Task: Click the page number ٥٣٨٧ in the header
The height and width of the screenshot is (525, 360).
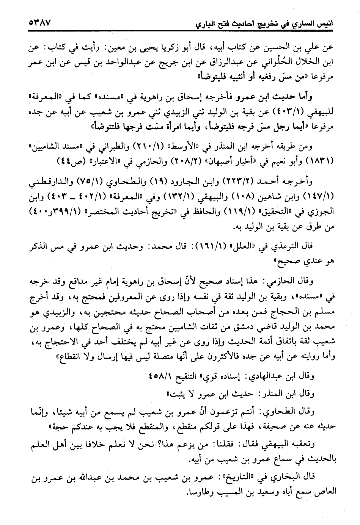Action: (39, 24)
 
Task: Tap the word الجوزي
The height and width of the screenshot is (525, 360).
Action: (324, 210)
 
